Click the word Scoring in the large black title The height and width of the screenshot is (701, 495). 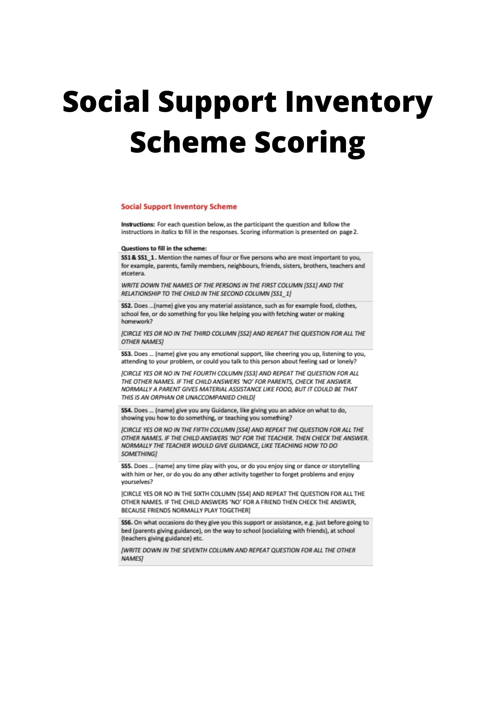(309, 143)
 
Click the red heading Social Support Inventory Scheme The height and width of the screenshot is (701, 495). (179, 207)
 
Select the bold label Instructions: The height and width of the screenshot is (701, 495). (138, 224)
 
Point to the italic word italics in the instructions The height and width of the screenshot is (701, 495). (169, 232)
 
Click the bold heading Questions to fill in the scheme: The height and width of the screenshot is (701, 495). (164, 249)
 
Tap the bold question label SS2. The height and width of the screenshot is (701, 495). (126, 306)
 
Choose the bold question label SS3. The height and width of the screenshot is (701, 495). (126, 354)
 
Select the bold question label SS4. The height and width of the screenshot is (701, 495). (126, 410)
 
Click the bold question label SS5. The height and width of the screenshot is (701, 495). (126, 466)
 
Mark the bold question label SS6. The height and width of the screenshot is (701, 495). (126, 523)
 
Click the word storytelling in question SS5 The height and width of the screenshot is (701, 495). (344, 466)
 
